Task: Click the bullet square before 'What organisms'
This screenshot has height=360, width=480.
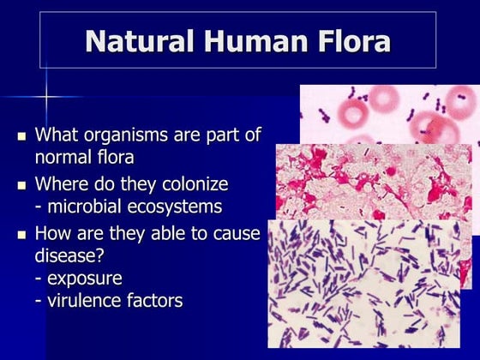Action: coord(22,136)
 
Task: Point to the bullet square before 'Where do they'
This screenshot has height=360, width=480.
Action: coord(22,185)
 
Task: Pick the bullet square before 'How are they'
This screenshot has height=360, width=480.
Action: coord(22,234)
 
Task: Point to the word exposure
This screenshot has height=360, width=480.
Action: coord(84,279)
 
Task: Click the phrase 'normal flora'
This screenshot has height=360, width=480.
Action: coord(84,158)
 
